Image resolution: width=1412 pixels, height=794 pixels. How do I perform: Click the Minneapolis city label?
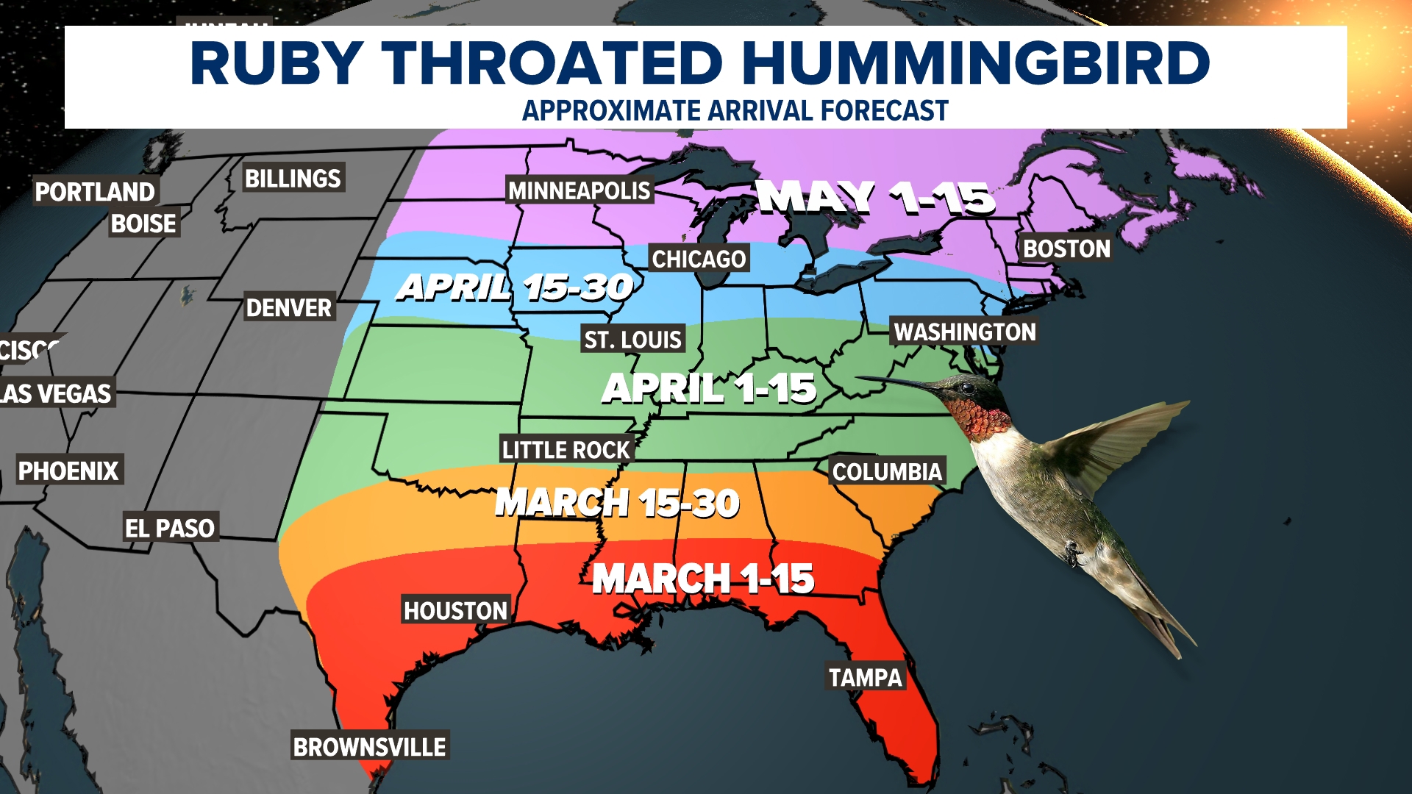point(580,191)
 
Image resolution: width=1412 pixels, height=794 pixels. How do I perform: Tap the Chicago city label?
point(699,259)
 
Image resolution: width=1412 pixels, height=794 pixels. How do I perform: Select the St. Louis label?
point(632,340)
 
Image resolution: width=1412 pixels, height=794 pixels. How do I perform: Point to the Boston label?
point(1066,249)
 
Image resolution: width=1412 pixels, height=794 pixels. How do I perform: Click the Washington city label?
point(965,332)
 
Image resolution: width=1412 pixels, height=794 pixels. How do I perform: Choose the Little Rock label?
point(566,450)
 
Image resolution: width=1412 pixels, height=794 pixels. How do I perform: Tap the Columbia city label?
point(887,472)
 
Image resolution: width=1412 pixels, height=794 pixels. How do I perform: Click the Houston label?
point(455,611)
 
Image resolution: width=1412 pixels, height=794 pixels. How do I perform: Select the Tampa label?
point(865,678)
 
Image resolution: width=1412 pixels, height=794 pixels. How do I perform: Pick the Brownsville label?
point(369,748)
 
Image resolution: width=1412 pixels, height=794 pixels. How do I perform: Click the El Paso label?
point(170,529)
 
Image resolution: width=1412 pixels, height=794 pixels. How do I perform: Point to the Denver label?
point(289,308)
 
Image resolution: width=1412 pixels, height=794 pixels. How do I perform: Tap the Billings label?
point(293,179)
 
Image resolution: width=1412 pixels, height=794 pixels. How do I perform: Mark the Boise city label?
point(143,223)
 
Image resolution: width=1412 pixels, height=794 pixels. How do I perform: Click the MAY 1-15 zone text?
point(875,198)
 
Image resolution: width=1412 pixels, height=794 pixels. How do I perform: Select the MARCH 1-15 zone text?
point(703,579)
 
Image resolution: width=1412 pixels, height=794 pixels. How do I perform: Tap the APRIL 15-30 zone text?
point(515,287)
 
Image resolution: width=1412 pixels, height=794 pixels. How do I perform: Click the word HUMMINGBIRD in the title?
point(976,63)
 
